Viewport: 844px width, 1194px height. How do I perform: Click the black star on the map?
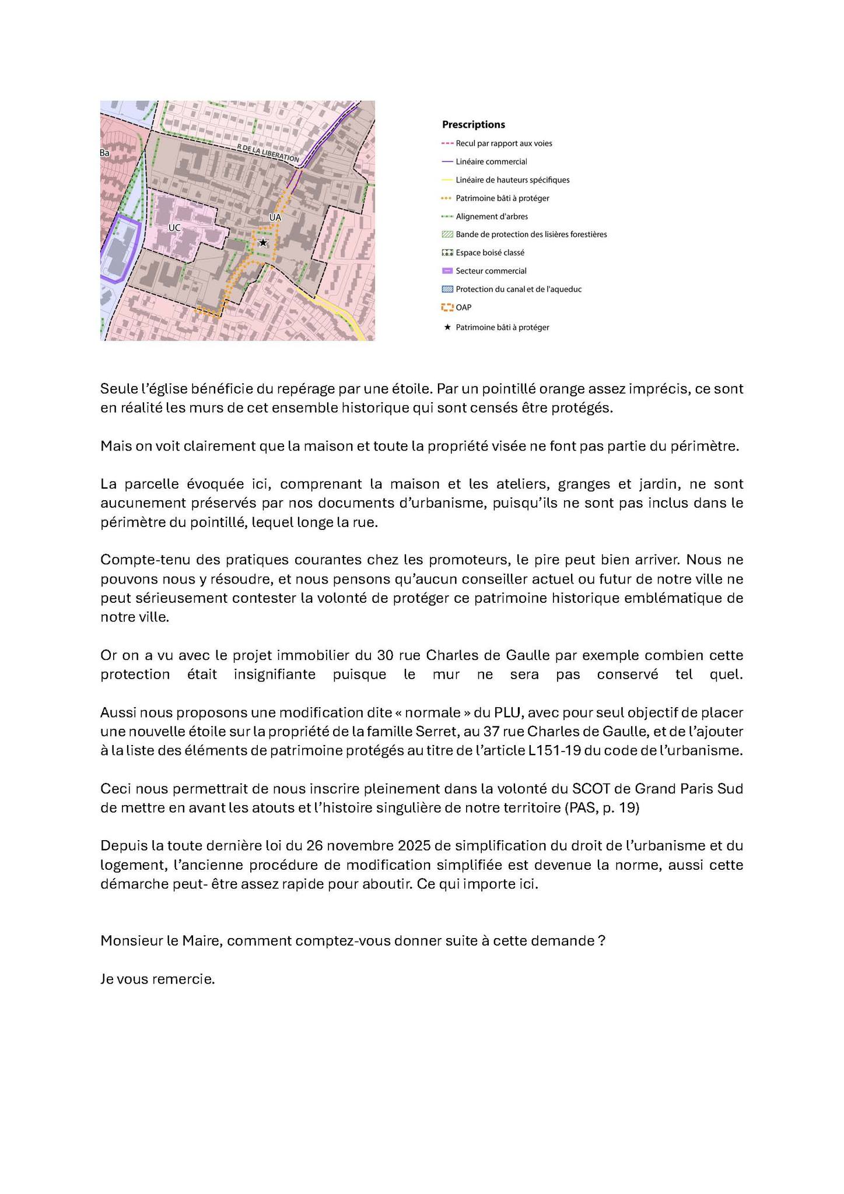263,243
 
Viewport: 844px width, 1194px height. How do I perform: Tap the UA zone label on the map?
275,217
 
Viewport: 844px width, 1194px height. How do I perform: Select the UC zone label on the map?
174,228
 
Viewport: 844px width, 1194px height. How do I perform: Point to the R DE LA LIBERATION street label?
268,153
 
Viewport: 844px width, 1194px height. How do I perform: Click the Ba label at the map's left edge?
104,153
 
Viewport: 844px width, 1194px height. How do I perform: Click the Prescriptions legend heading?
473,124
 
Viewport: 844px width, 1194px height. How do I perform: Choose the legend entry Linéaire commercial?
491,161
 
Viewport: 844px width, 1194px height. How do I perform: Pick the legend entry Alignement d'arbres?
492,216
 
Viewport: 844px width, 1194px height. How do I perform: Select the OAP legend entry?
463,307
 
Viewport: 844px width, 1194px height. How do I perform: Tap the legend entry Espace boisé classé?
490,252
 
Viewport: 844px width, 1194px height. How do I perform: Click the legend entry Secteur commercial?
491,271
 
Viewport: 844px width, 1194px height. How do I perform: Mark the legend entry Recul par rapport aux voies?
503,143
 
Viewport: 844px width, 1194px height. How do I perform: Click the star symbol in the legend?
447,327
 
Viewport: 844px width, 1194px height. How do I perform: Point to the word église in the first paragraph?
157,388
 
